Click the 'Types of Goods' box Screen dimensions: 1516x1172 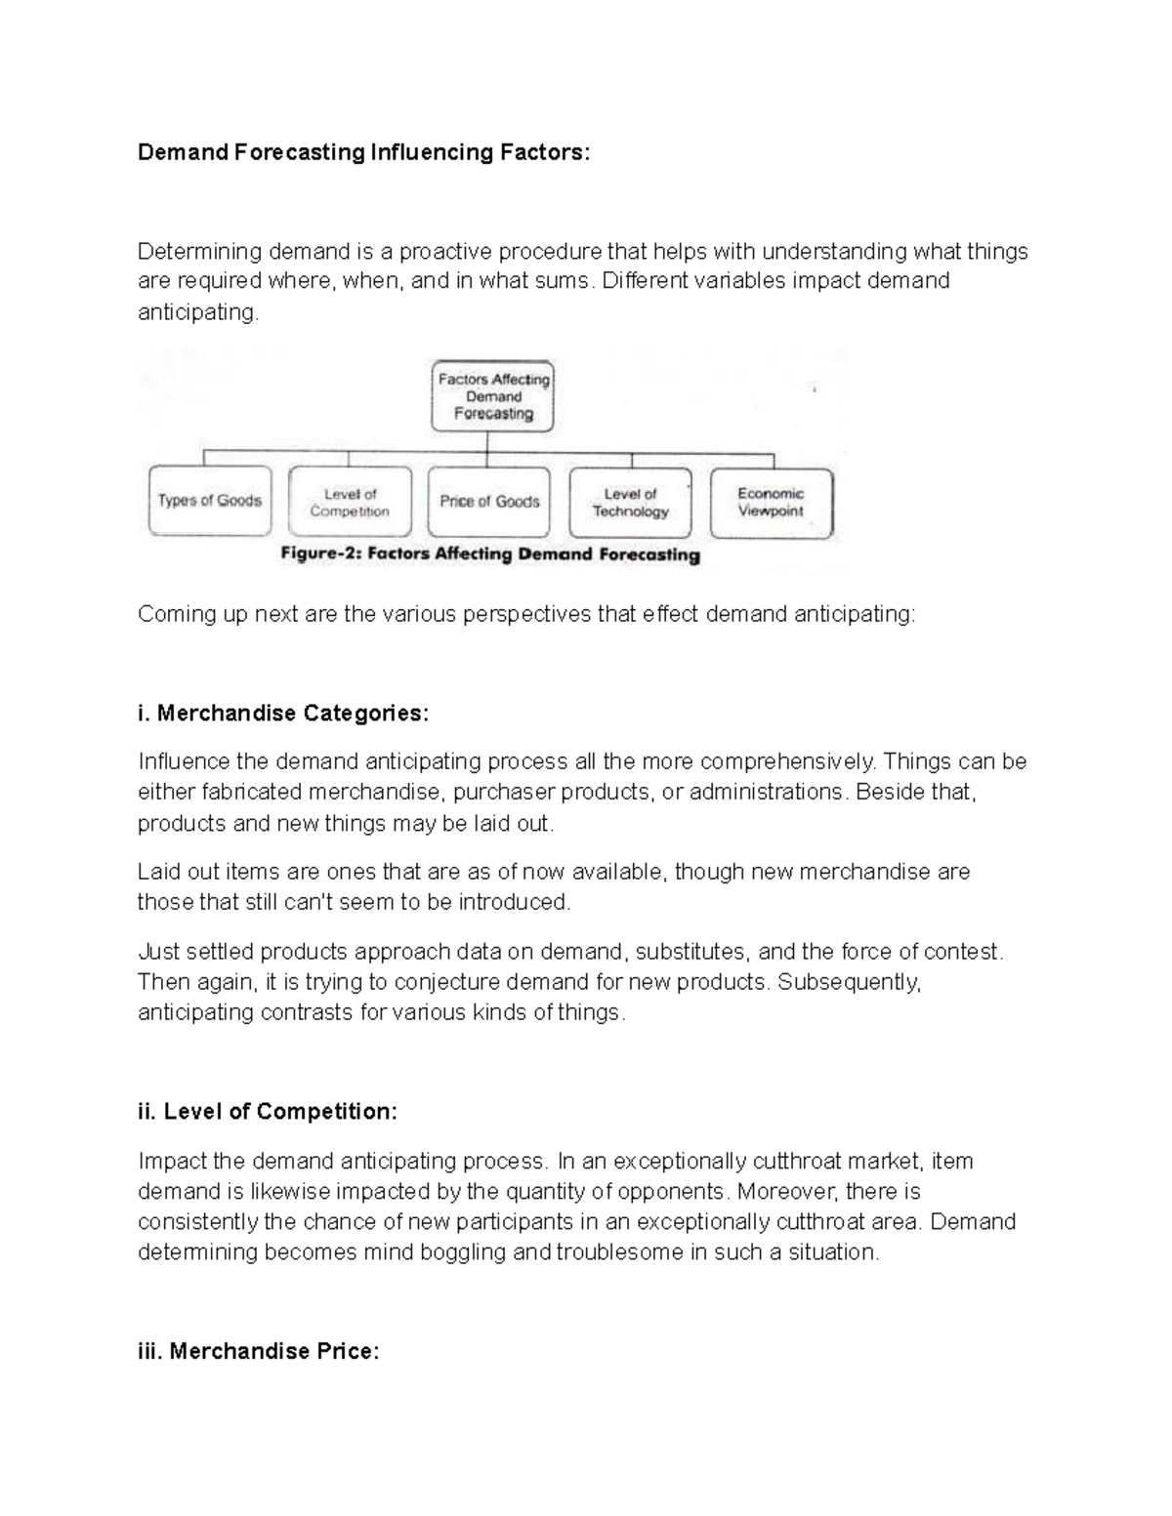click(x=210, y=501)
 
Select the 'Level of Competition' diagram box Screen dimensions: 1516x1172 click(x=350, y=503)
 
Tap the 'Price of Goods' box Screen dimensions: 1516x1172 click(x=489, y=502)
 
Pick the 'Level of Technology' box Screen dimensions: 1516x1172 click(x=630, y=503)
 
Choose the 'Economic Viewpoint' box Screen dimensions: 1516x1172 click(x=771, y=502)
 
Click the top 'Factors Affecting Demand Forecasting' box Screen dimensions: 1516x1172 click(x=493, y=396)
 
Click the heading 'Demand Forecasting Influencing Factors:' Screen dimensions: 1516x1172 click(x=363, y=152)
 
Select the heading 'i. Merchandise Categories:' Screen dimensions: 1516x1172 click(x=282, y=713)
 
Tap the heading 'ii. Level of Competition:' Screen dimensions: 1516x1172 click(x=268, y=1111)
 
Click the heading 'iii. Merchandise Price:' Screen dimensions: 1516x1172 click(x=258, y=1351)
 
